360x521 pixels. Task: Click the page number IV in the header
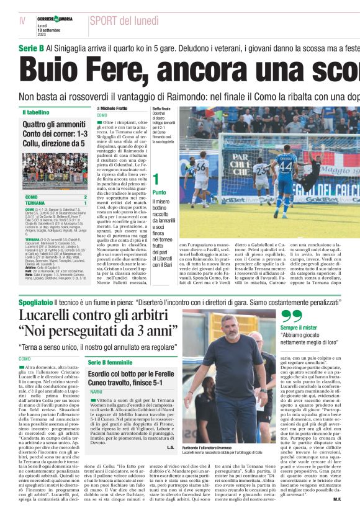click(22, 20)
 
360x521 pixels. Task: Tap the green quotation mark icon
click(290, 316)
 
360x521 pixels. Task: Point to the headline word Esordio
click(104, 373)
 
